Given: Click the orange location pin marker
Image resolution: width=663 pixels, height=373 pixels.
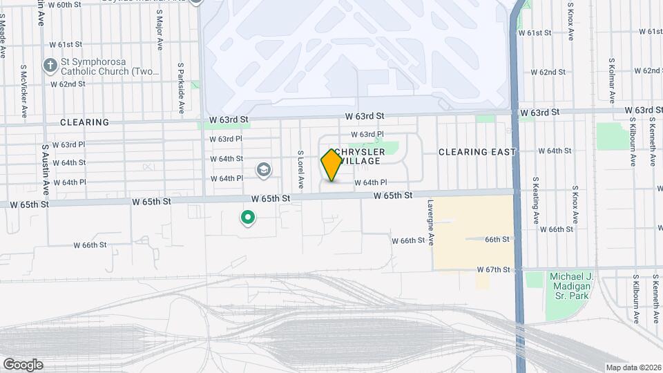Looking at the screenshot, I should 331,164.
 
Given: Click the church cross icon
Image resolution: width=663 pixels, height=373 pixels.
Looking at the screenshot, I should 49,66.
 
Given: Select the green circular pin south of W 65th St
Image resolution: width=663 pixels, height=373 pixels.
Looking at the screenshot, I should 248,218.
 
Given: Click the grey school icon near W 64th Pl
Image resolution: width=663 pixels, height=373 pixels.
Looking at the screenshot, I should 263,169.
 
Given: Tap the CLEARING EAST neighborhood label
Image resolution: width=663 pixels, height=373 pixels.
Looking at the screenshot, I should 477,152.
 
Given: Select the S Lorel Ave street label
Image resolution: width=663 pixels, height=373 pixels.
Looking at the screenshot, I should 301,170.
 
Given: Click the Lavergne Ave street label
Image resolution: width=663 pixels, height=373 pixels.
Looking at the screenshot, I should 430,223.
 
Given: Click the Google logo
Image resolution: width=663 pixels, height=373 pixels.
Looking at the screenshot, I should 23,364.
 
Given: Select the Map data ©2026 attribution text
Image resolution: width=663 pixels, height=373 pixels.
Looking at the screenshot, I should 633,367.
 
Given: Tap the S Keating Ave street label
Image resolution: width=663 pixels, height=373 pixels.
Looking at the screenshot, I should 536,200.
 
